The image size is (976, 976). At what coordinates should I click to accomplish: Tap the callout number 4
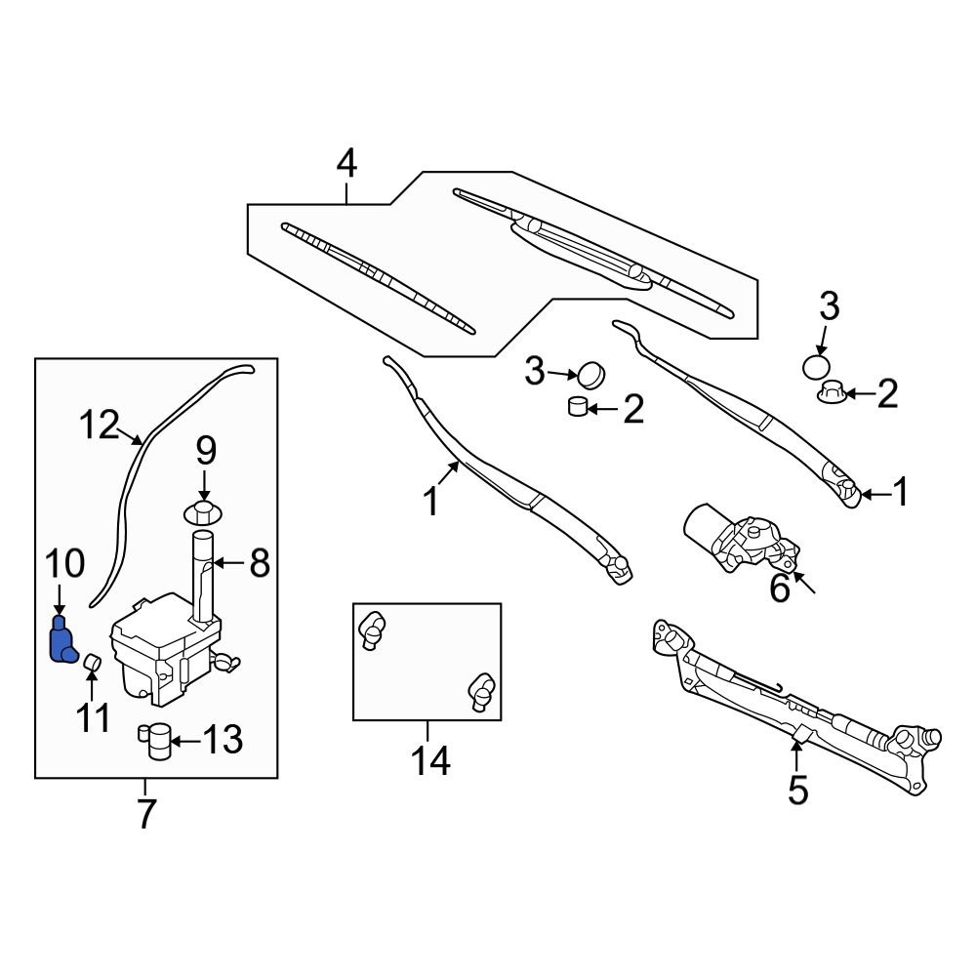pyautogui.click(x=346, y=164)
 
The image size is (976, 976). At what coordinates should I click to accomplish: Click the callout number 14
pyautogui.click(x=428, y=760)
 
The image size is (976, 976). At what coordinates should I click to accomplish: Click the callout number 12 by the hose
pyautogui.click(x=99, y=426)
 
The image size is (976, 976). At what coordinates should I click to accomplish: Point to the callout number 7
pyautogui.click(x=145, y=813)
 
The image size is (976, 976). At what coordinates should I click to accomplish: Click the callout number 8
pyautogui.click(x=259, y=562)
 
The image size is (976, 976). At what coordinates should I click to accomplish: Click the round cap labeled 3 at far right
pyautogui.click(x=818, y=368)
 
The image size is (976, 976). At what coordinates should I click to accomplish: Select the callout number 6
pyautogui.click(x=779, y=589)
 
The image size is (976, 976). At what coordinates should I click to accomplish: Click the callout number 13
pyautogui.click(x=222, y=741)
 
